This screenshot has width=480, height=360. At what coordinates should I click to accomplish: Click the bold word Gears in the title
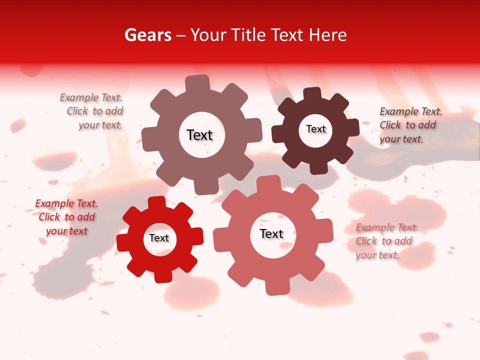pyautogui.click(x=148, y=35)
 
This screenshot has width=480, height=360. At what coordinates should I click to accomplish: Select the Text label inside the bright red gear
pyautogui.click(x=159, y=238)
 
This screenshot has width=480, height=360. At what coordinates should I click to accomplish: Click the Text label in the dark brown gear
pyautogui.click(x=315, y=129)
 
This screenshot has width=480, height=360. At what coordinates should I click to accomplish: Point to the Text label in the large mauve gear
pyautogui.click(x=199, y=135)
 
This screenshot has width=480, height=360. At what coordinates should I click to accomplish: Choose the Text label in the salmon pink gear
pyautogui.click(x=271, y=233)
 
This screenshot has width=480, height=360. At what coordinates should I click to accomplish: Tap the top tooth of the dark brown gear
pyautogui.click(x=312, y=94)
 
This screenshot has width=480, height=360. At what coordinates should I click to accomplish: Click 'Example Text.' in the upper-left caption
pyautogui.click(x=91, y=98)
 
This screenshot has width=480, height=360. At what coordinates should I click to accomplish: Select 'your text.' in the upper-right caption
pyautogui.click(x=401, y=139)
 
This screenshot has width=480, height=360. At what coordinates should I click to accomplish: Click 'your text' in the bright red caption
pyautogui.click(x=66, y=231)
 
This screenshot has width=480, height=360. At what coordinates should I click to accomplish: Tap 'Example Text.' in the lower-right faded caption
pyautogui.click(x=387, y=228)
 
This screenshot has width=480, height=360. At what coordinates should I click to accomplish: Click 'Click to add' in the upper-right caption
pyautogui.click(x=407, y=125)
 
